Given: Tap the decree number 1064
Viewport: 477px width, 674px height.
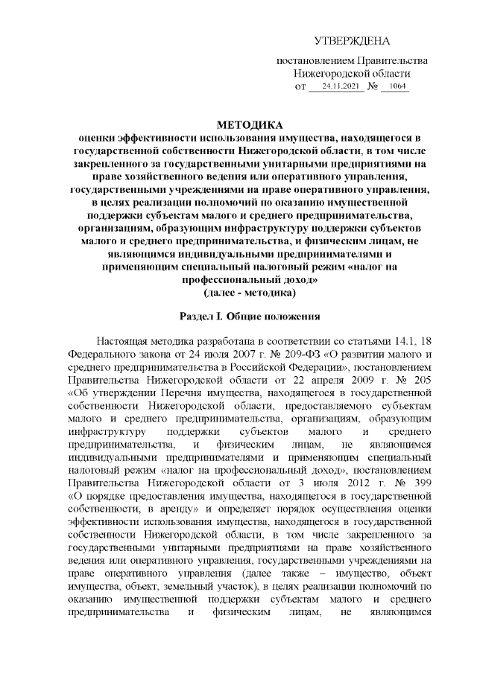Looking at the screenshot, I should tap(394, 88).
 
